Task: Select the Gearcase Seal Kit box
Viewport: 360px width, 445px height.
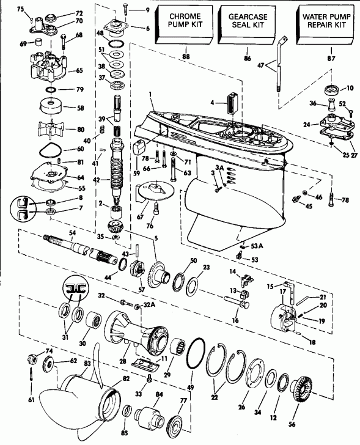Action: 248,24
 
